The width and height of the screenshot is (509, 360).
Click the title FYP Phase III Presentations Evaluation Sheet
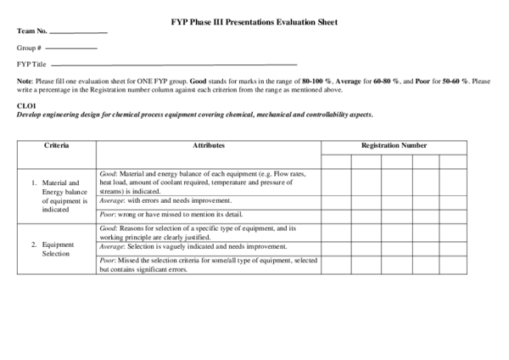click(x=254, y=22)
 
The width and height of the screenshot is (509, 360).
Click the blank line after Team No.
click(x=79, y=32)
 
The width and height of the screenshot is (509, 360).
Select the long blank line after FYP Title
click(x=173, y=65)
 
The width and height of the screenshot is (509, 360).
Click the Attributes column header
click(x=209, y=146)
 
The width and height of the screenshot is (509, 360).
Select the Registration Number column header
click(x=394, y=146)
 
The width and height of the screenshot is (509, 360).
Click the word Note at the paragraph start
click(x=24, y=81)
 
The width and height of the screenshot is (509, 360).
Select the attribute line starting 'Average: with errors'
click(x=165, y=200)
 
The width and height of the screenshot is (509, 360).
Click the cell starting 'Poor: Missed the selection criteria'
click(x=208, y=264)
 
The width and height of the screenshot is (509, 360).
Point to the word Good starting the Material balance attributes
click(x=108, y=172)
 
